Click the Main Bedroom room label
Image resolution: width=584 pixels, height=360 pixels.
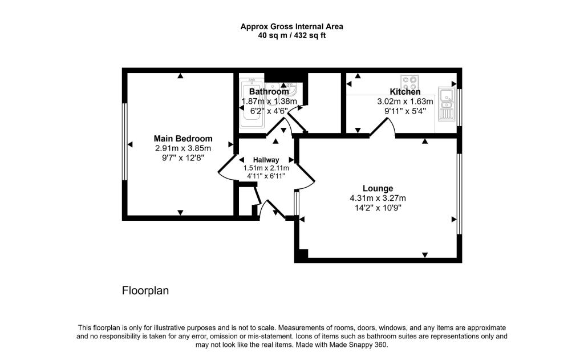click(x=183, y=139)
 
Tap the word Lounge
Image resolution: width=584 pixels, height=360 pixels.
click(x=378, y=188)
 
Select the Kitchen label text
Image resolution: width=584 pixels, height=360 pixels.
click(x=405, y=92)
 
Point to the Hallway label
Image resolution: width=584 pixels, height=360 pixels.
click(x=266, y=160)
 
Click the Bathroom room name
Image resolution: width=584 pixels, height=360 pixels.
click(x=269, y=92)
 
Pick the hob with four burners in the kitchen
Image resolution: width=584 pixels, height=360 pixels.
click(x=409, y=82)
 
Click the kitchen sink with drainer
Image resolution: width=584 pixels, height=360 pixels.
click(x=445, y=104)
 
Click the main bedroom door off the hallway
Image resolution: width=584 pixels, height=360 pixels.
click(x=227, y=167)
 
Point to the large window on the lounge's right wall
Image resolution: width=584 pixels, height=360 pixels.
click(x=459, y=194)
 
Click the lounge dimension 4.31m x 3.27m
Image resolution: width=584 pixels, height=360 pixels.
click(x=378, y=198)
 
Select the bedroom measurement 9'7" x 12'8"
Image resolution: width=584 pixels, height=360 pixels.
click(x=183, y=157)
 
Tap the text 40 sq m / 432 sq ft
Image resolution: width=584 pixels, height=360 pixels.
click(x=291, y=35)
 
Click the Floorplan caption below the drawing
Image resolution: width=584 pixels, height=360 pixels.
click(x=145, y=290)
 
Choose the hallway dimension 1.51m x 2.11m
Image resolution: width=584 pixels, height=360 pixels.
click(x=266, y=168)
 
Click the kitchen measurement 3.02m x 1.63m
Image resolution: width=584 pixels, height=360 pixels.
click(x=405, y=102)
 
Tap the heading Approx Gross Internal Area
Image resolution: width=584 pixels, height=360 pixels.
click(x=291, y=26)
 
